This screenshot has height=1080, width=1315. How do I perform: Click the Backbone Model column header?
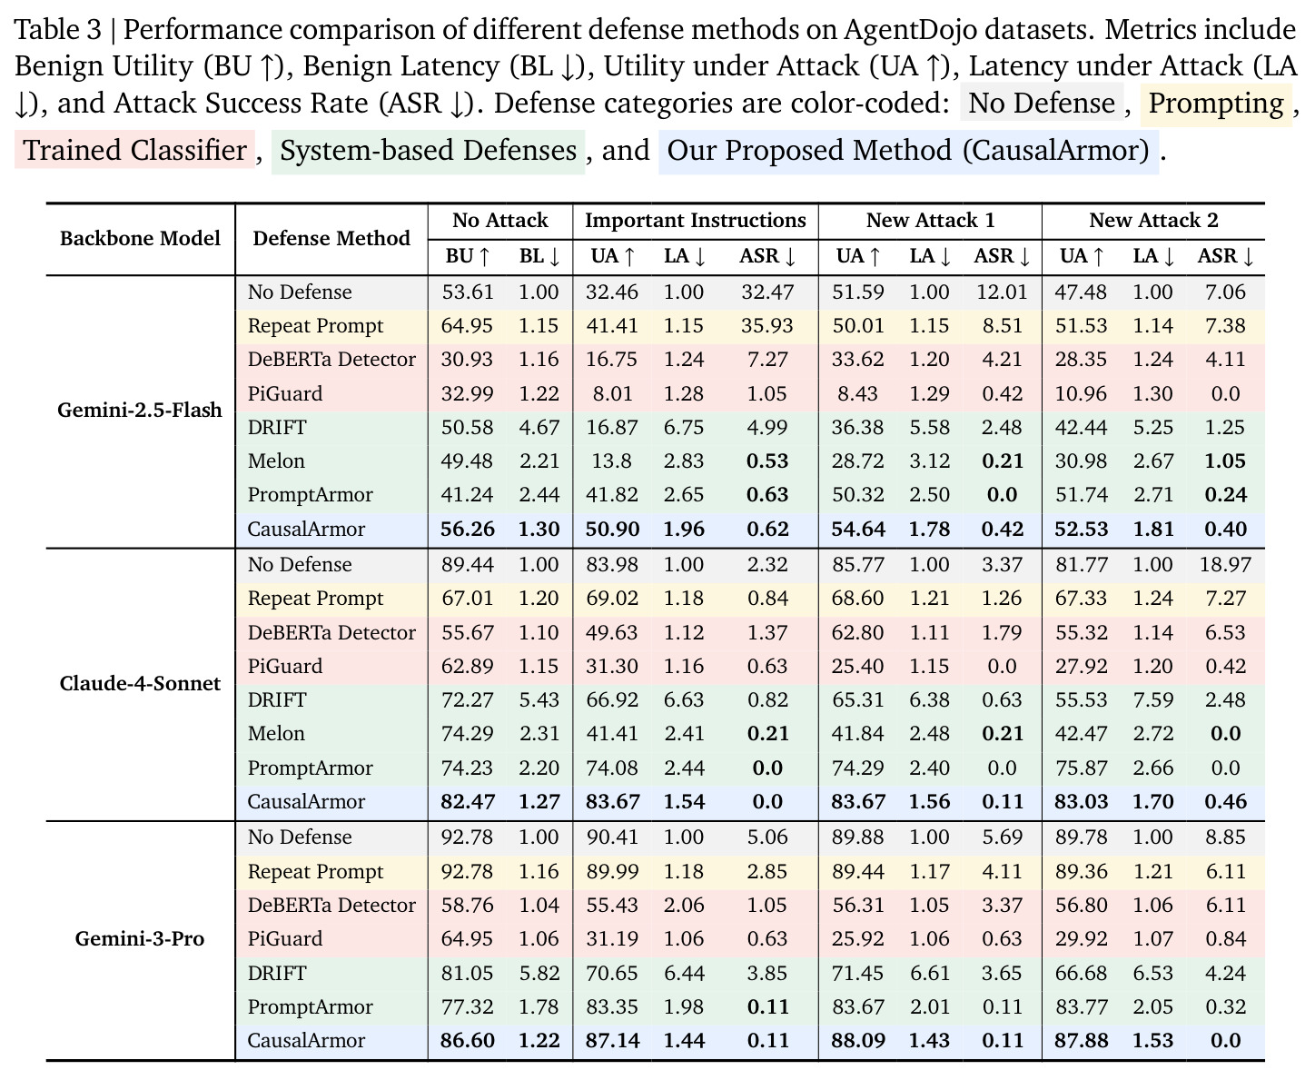(x=140, y=238)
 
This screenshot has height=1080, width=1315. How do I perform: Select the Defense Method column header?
(x=331, y=238)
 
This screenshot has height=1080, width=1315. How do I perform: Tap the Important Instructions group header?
(x=696, y=220)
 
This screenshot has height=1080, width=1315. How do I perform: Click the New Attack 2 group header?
(x=1153, y=220)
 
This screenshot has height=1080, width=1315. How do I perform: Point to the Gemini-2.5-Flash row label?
(x=140, y=410)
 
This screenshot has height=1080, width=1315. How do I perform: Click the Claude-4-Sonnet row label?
(x=140, y=683)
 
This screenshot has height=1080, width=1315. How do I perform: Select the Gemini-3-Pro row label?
(x=140, y=938)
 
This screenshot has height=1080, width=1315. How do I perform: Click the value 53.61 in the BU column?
(x=468, y=292)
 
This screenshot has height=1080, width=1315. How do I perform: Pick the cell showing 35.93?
(x=766, y=325)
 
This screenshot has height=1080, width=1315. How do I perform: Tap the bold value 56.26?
(x=468, y=529)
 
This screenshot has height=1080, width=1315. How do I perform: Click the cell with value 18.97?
(x=1225, y=564)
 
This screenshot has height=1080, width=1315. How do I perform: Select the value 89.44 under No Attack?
(x=468, y=564)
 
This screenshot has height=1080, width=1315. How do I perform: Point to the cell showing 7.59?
(x=1152, y=699)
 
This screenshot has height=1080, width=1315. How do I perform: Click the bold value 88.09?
(x=858, y=1040)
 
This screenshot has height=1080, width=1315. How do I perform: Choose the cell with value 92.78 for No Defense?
(x=468, y=837)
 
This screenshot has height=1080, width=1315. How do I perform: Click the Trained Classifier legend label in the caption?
(x=134, y=150)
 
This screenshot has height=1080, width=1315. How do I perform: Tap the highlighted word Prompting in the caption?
(x=1216, y=104)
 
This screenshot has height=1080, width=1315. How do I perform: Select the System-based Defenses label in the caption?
(x=429, y=150)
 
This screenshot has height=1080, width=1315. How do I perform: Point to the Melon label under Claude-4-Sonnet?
(x=276, y=733)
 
